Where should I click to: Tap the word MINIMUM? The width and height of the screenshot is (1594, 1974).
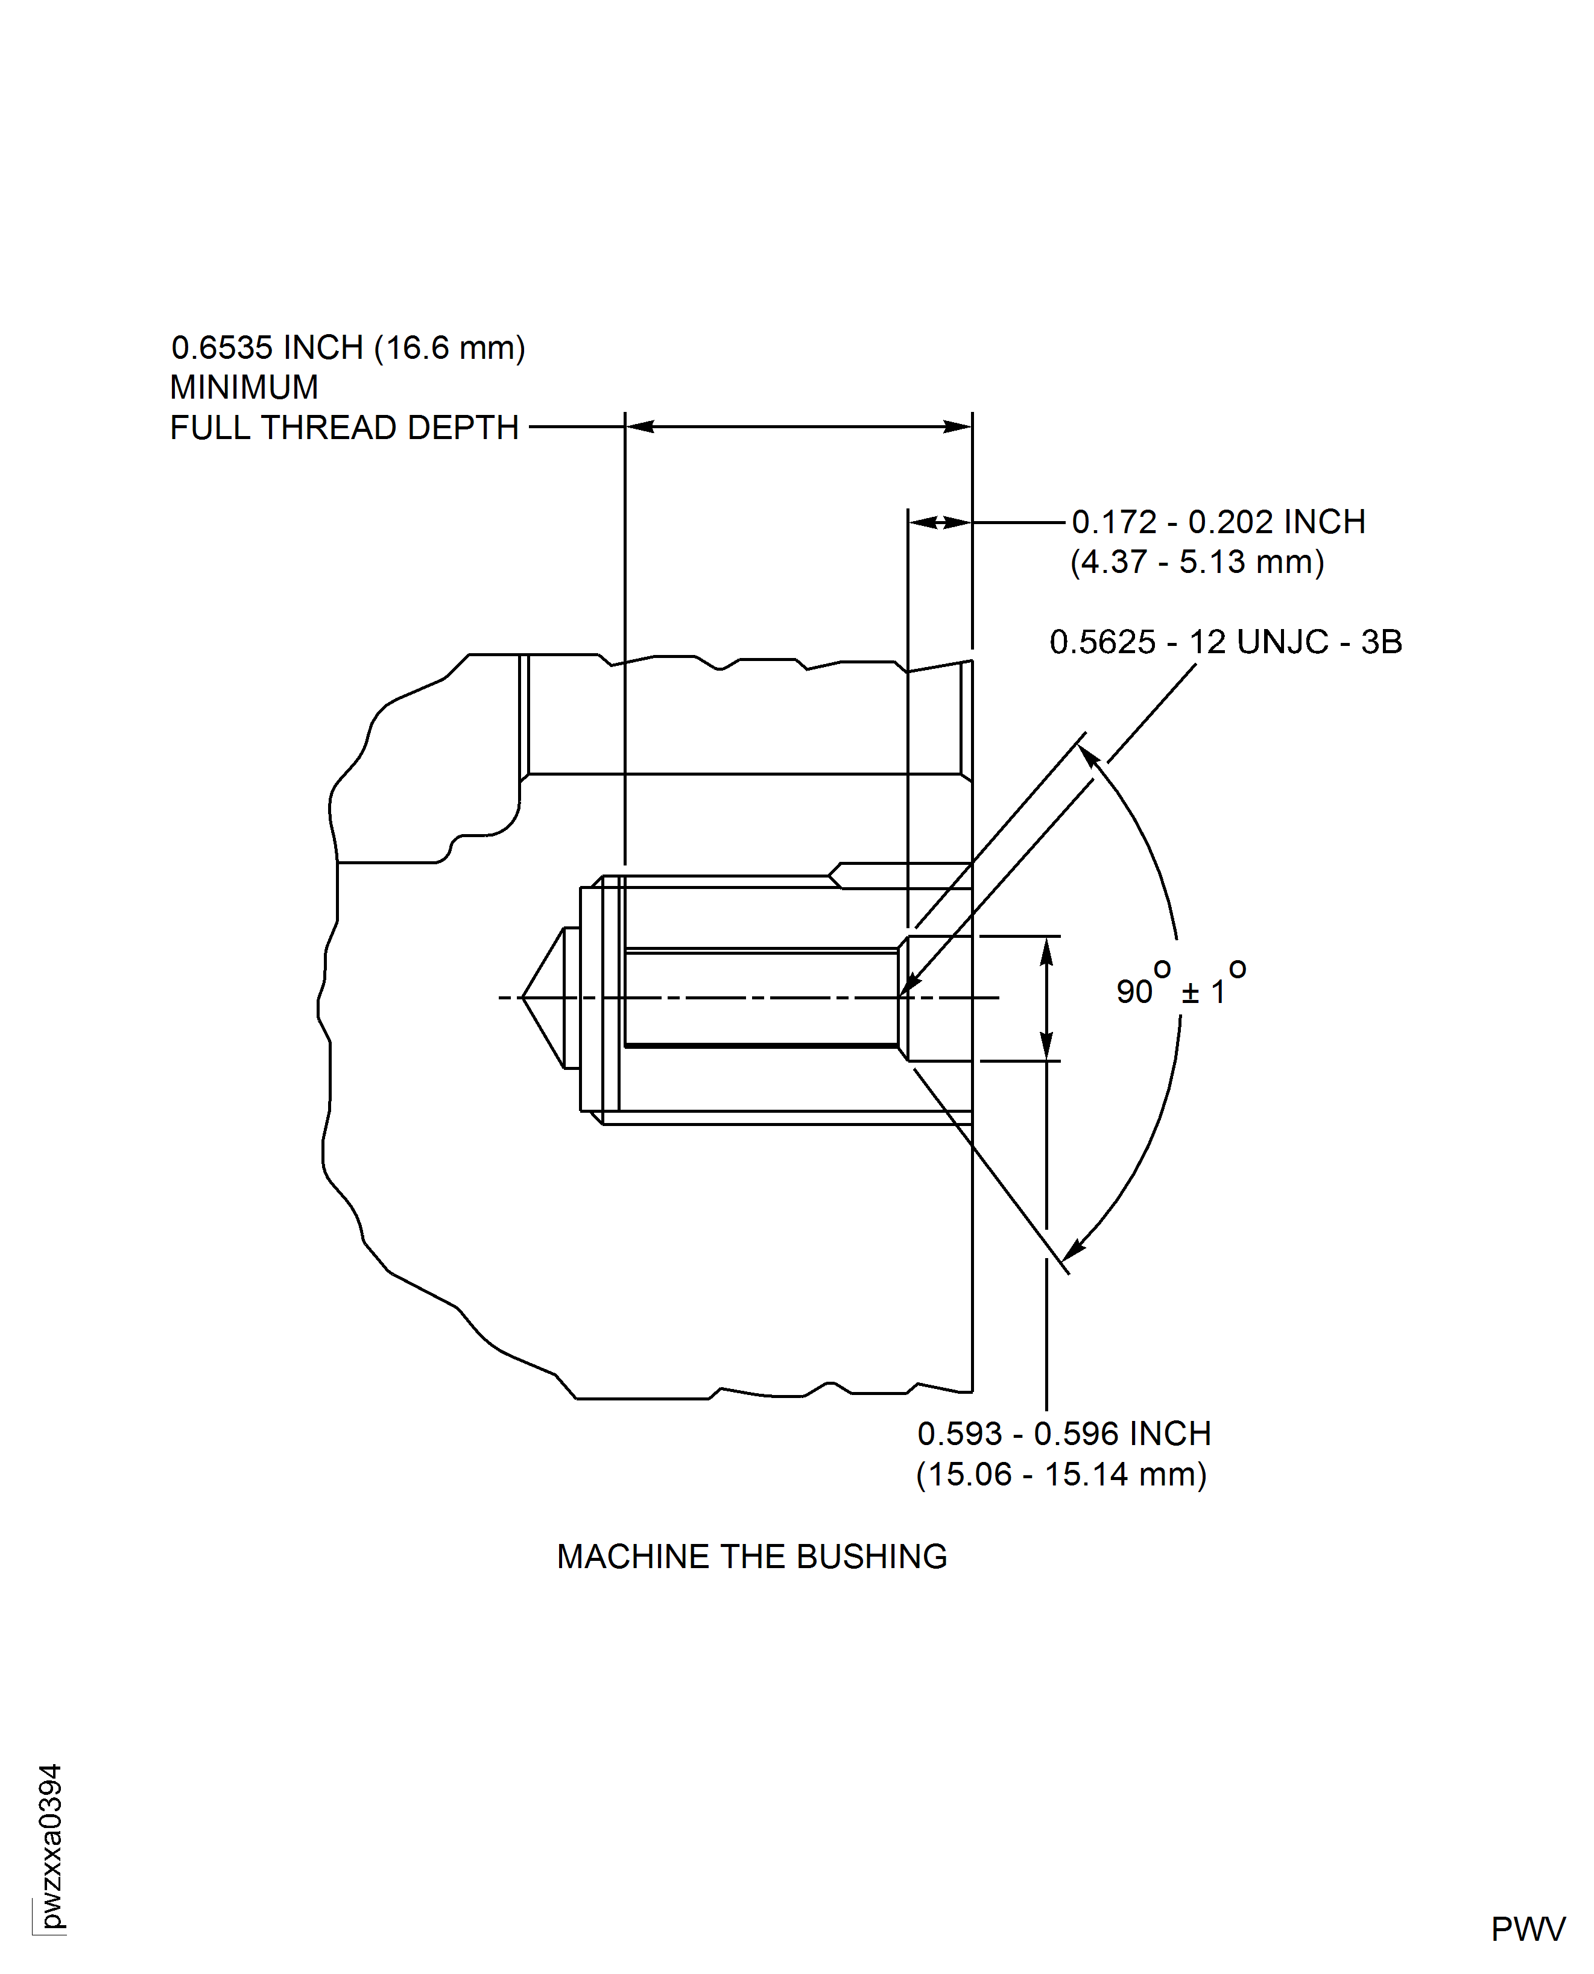coord(244,387)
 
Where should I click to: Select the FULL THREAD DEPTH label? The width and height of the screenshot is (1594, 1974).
coord(344,428)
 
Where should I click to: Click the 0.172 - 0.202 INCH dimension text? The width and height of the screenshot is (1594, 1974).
coord(1218,522)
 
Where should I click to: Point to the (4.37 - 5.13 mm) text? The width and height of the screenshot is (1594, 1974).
coord(1197,562)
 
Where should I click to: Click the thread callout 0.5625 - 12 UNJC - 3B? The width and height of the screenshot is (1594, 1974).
coord(1225,642)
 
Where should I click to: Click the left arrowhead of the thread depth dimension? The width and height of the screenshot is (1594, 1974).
coord(639,426)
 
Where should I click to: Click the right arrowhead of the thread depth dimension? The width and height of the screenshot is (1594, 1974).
coord(958,426)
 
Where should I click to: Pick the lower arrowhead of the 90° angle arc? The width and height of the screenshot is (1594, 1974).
coord(1072,1248)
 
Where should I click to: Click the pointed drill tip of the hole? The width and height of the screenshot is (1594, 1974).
coord(524,997)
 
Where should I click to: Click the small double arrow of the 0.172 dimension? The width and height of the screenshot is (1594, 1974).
coord(939,522)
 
